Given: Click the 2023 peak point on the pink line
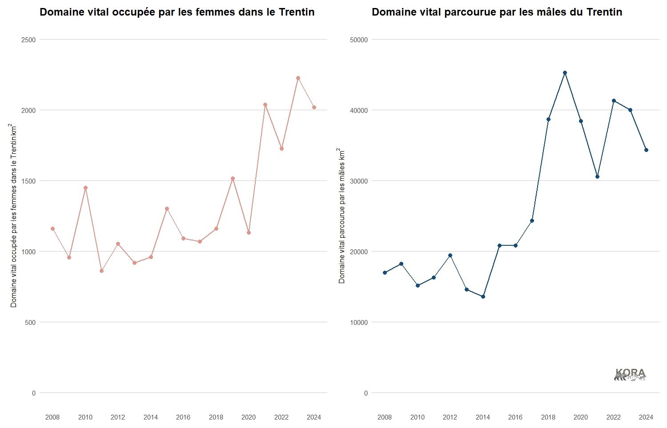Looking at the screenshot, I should point(298,78).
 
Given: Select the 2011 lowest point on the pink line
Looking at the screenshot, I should point(101,271).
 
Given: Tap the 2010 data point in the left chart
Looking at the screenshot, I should point(85,188).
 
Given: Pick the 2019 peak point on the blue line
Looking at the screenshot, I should point(565,73).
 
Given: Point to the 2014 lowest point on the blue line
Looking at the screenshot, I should point(483,296).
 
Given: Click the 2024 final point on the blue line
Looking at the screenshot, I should point(646,150).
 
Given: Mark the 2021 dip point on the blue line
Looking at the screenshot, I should point(597,176).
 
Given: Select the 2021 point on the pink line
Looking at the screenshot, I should point(265,105).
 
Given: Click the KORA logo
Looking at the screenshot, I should point(630,375).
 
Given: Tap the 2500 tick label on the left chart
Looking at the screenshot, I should point(28,40).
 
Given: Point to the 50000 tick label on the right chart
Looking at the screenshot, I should point(359,40).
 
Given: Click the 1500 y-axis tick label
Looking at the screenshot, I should point(28,181).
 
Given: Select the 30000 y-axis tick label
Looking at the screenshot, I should point(359,181).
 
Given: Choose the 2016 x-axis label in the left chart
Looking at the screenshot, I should point(183,417).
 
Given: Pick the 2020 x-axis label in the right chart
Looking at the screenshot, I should point(581,417).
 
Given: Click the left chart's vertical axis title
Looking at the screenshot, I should point(14,216).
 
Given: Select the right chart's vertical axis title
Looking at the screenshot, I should point(342,216).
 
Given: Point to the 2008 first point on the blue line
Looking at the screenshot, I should point(385,272).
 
